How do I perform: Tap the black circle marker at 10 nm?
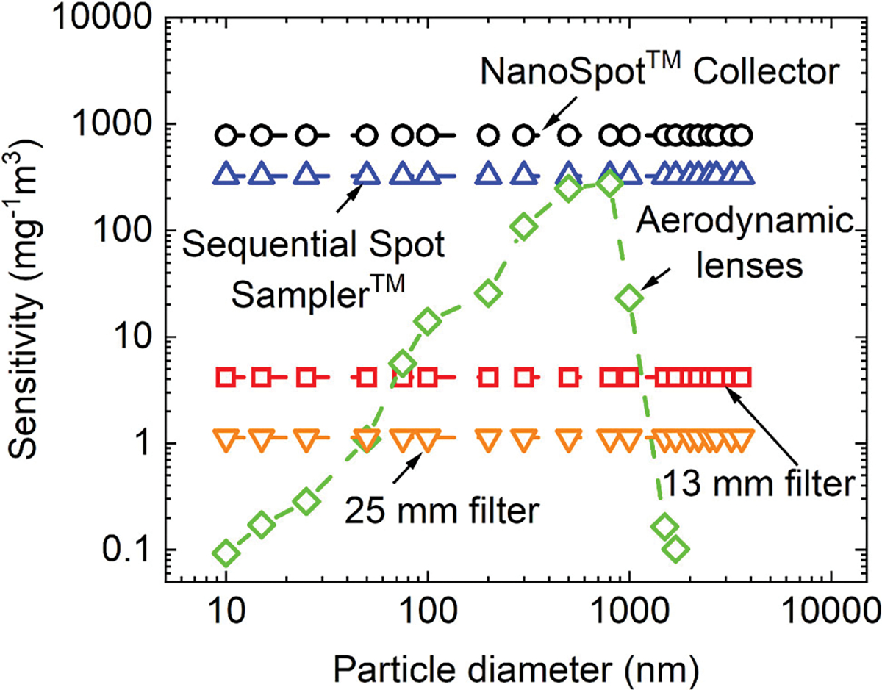[226, 135]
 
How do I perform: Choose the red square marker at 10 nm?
[226, 378]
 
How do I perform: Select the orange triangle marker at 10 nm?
[226, 439]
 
